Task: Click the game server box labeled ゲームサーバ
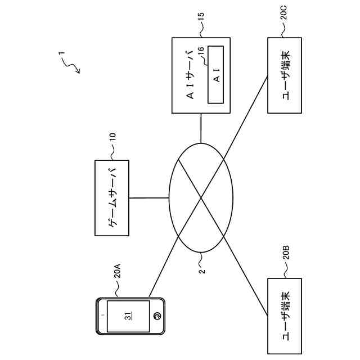(111, 197)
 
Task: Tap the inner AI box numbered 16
(216, 74)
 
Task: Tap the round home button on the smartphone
(158, 316)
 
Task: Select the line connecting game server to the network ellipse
(149, 197)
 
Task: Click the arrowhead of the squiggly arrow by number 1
(78, 72)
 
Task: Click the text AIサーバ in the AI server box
(191, 74)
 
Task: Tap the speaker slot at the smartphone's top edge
(101, 316)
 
